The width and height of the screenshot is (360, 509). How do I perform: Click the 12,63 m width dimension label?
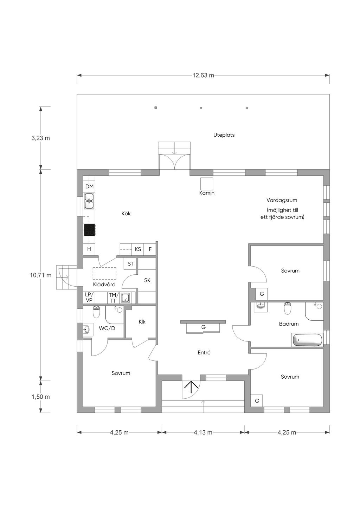click(203, 75)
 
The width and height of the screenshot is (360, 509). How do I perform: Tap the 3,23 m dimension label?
click(40, 138)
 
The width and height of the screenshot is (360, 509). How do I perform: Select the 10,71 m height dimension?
click(40, 275)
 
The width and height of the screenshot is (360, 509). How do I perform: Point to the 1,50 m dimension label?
click(40, 397)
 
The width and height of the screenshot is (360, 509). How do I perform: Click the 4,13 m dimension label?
click(203, 432)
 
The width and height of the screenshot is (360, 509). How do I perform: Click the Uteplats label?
click(224, 135)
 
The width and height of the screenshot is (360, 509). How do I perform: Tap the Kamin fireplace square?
click(206, 184)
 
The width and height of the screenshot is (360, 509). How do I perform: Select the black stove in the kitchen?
click(89, 230)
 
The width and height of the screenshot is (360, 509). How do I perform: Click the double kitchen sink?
click(89, 201)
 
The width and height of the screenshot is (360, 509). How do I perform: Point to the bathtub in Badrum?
click(307, 340)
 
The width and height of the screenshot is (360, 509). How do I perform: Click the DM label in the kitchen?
click(89, 187)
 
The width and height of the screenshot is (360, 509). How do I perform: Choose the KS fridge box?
click(137, 249)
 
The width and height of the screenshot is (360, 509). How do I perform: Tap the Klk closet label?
click(142, 321)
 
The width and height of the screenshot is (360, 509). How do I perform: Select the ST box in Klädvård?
click(130, 263)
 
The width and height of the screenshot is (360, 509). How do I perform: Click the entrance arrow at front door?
click(191, 387)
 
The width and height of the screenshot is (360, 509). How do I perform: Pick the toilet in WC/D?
click(97, 312)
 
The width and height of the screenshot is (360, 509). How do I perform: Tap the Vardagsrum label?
click(282, 200)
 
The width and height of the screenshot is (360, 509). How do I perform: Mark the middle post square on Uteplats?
click(201, 108)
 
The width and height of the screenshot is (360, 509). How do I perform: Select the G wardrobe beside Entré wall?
click(203, 327)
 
